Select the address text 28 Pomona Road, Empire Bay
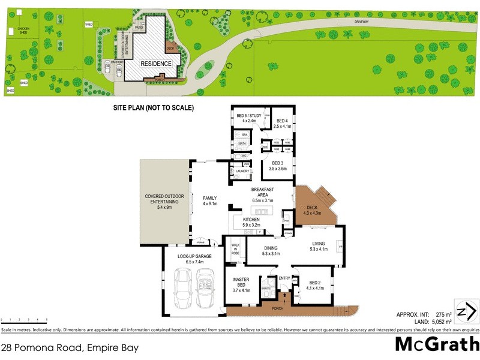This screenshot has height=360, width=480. pyautogui.click(x=70, y=347)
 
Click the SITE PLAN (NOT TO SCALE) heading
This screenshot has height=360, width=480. pyautogui.click(x=154, y=109)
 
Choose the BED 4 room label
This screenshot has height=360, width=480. pyautogui.click(x=281, y=123)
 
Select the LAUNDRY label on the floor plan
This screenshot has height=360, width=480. pyautogui.click(x=242, y=172)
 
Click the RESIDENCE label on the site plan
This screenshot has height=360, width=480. pyautogui.click(x=156, y=64)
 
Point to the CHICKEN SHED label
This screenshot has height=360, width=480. pyautogui.click(x=23, y=30)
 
